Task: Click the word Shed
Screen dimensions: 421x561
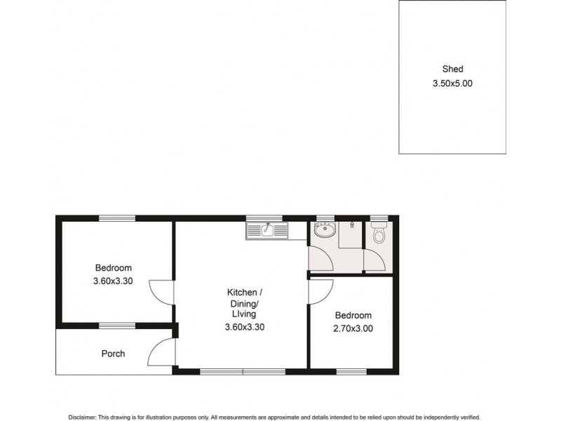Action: pos(452,69)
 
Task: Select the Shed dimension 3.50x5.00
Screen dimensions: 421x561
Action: pos(452,83)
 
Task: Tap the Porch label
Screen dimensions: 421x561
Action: pos(113,354)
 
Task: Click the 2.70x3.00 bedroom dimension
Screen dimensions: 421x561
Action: pos(353,328)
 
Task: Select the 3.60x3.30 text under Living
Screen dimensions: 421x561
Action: pos(244,326)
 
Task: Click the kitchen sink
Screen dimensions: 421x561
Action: pos(267,229)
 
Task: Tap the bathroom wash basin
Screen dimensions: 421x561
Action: pos(324,231)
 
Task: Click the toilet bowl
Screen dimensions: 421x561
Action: pos(379,234)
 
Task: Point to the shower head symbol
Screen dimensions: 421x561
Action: pos(351,225)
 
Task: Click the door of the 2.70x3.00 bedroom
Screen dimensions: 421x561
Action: pos(320,290)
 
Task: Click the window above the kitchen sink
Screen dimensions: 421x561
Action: pos(264,218)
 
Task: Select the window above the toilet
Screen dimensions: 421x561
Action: pos(379,218)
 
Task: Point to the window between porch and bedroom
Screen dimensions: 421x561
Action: pos(117,325)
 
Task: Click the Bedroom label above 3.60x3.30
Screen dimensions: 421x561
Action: pos(113,268)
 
